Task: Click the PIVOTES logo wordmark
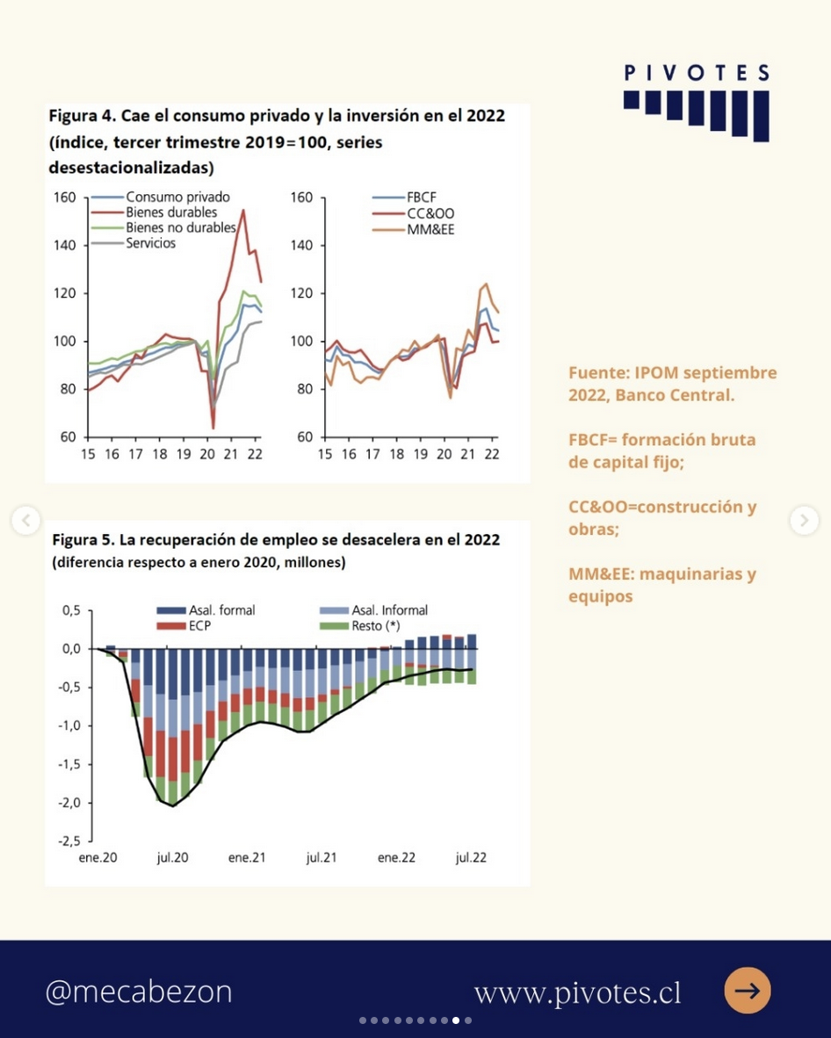coord(697,73)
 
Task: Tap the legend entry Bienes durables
coord(154,213)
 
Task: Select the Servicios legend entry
coord(134,243)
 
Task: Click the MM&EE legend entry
coord(413,230)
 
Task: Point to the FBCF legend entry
coord(404,198)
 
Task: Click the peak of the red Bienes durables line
coord(243,211)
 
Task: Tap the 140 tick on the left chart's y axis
coord(65,246)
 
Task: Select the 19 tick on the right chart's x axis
coord(421,454)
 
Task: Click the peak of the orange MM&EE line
coord(487,284)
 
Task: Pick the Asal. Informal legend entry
coord(373,610)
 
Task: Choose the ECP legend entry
coord(184,626)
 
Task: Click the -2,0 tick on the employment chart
coord(69,803)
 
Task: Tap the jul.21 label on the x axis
coord(322,858)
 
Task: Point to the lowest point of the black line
coord(173,805)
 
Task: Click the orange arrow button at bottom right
coord(748,991)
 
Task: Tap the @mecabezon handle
coord(139,991)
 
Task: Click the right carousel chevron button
coord(804,521)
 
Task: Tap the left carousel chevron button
coord(25,521)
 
